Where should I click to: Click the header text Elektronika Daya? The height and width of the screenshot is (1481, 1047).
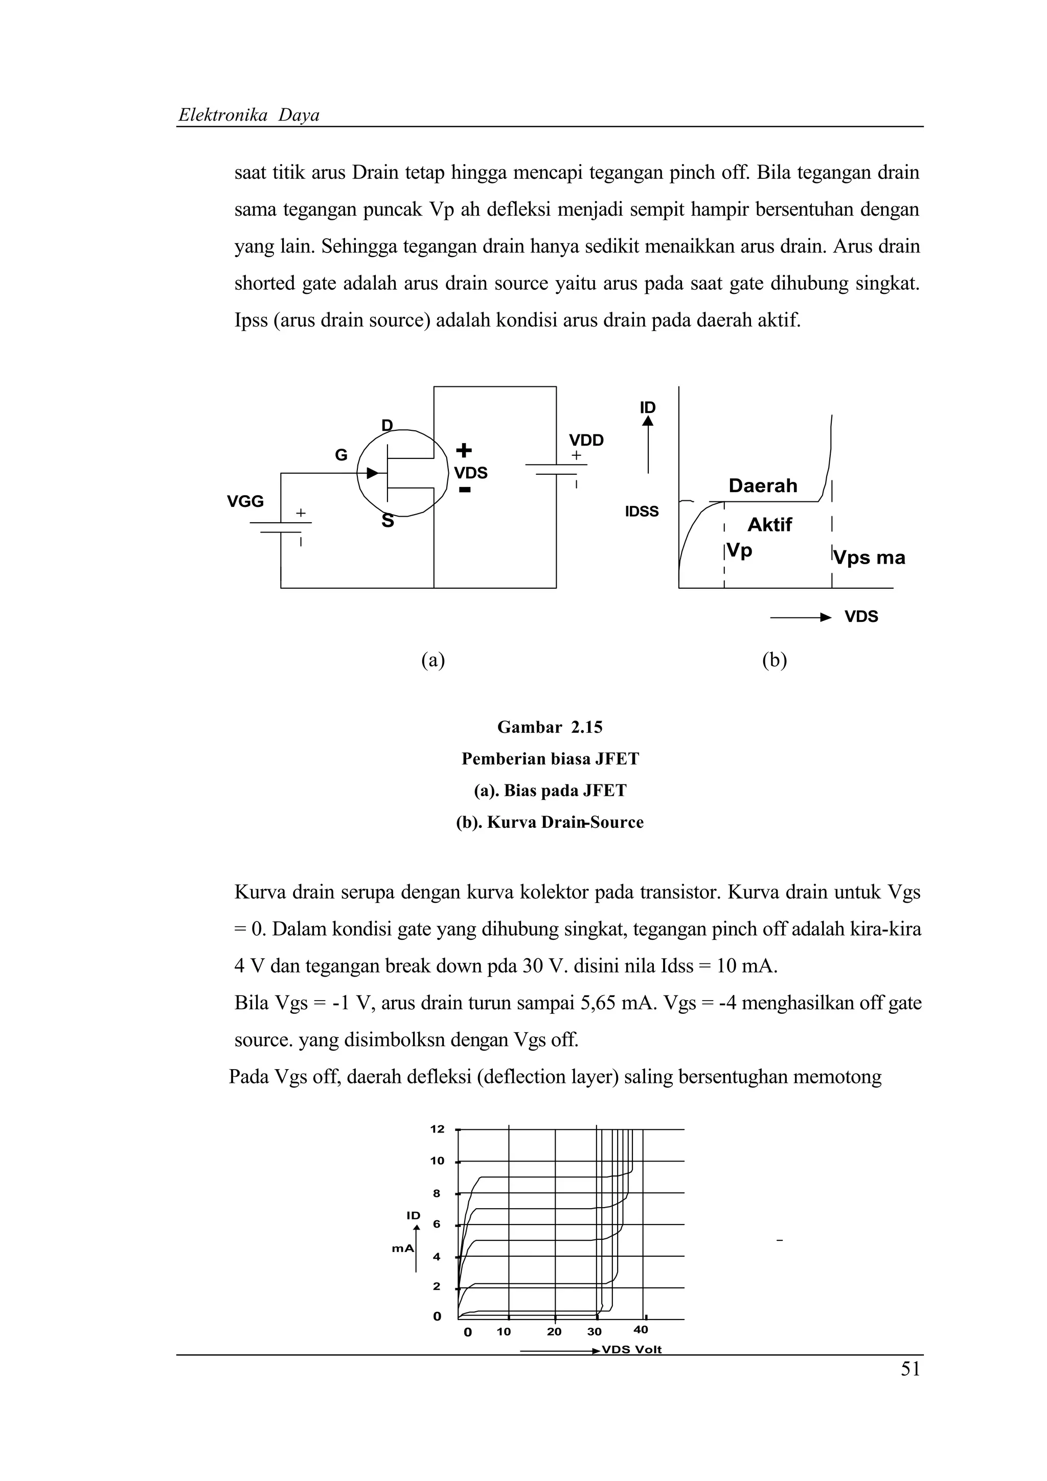(249, 115)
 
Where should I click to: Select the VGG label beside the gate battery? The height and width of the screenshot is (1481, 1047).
(245, 501)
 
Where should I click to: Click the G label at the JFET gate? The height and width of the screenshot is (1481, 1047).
(340, 455)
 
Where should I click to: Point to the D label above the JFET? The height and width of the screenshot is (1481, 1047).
(387, 425)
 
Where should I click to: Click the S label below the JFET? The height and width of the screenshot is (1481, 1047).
(387, 521)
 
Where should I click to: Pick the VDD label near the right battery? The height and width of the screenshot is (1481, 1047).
(586, 441)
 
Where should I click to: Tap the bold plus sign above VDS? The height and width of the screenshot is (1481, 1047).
(464, 450)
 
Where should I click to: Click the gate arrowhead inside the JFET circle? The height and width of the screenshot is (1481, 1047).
(372, 473)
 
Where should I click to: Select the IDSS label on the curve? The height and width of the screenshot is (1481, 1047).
(642, 512)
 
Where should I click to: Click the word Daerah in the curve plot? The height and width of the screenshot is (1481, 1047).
(763, 485)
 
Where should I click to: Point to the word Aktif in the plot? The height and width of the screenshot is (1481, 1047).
(769, 524)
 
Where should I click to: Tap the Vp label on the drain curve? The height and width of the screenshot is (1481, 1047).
(739, 551)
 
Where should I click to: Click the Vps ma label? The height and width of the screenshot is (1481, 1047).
(869, 558)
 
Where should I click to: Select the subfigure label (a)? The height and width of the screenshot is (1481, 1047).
(433, 660)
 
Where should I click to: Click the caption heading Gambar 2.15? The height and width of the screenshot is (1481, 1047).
(550, 728)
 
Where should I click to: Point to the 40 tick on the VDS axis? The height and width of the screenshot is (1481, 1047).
(641, 1329)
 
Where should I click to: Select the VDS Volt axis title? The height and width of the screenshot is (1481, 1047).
(631, 1350)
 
